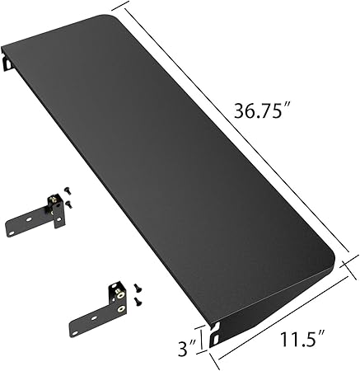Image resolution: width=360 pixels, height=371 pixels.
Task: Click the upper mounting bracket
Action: [37, 216]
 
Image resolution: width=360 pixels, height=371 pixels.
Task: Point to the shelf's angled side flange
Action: [272, 297]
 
